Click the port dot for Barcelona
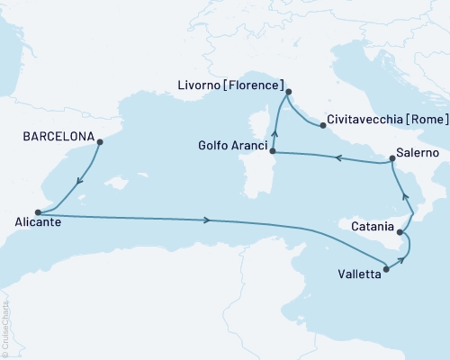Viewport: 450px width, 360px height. coord(99,141)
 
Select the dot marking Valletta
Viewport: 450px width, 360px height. coord(386,266)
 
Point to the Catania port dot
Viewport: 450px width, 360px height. coord(399,231)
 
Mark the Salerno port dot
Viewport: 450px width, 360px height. coord(391,159)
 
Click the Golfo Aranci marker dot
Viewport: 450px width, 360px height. coord(273,153)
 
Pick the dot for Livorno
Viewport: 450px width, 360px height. coord(288,92)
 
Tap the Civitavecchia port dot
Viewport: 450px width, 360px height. coord(322,126)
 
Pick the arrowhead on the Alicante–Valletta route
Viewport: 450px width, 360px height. coord(209,220)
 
